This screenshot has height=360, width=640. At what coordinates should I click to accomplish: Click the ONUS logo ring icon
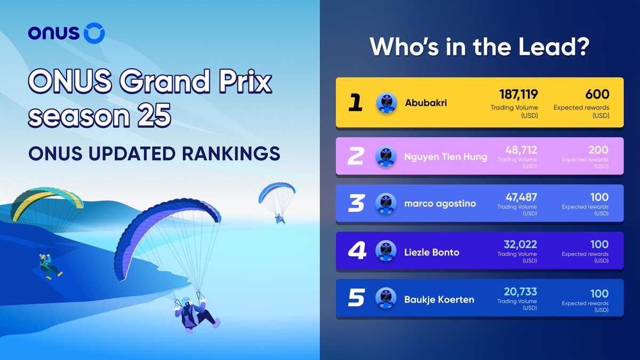pos(94,33)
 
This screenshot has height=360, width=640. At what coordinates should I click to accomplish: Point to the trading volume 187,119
pos(518,94)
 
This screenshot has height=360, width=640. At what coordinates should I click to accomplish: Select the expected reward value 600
pos(597,94)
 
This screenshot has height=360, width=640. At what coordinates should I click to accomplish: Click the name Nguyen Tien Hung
pos(445,157)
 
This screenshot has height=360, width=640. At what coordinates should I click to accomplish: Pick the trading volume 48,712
pos(517,151)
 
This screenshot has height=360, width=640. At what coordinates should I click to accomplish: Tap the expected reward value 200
pos(598,151)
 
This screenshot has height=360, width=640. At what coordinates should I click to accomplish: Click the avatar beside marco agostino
pos(386,204)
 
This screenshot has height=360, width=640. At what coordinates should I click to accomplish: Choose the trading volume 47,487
pos(517,198)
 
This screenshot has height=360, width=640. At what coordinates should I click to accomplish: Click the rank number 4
pos(356,251)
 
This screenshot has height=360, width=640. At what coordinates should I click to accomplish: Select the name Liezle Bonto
pos(431,252)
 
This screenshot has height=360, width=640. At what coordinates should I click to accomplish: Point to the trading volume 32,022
pos(520,245)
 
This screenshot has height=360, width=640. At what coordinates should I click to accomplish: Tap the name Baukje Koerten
pos(438,299)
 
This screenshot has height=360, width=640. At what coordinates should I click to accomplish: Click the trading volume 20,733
pos(520,292)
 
